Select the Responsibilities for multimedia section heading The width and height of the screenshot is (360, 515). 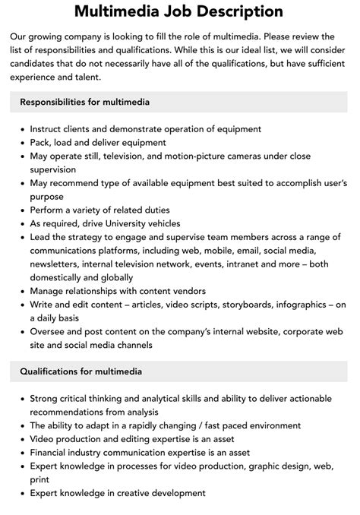click(x=84, y=102)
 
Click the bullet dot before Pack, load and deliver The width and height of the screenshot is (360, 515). click(x=21, y=142)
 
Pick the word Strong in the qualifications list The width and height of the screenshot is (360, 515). click(x=45, y=398)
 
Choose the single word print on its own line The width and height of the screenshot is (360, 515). click(x=40, y=479)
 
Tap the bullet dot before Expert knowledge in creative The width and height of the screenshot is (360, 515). click(x=21, y=493)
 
